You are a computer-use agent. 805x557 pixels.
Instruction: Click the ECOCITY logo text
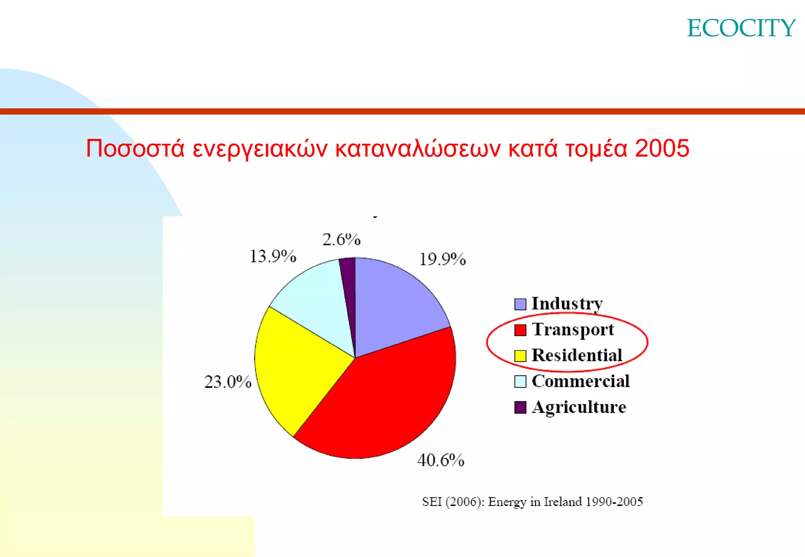click(x=741, y=28)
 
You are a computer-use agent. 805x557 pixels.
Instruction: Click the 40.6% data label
click(x=441, y=460)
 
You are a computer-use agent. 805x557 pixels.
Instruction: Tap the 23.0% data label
click(x=228, y=382)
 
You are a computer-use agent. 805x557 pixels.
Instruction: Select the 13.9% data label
click(x=273, y=257)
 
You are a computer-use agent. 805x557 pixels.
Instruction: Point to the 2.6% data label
click(x=341, y=240)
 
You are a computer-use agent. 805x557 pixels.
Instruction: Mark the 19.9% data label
click(x=443, y=259)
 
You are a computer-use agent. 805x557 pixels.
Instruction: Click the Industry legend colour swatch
click(x=520, y=304)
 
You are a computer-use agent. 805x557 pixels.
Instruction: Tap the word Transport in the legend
click(x=573, y=330)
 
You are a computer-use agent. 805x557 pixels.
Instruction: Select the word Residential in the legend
click(x=577, y=355)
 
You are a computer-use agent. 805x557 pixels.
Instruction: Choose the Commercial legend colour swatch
click(x=520, y=381)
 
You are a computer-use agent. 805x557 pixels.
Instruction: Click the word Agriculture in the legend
click(x=579, y=407)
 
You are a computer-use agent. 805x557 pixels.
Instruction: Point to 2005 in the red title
click(x=662, y=148)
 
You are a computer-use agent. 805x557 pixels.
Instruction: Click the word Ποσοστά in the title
click(x=135, y=148)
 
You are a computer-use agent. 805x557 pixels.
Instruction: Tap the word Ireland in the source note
click(x=562, y=502)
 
